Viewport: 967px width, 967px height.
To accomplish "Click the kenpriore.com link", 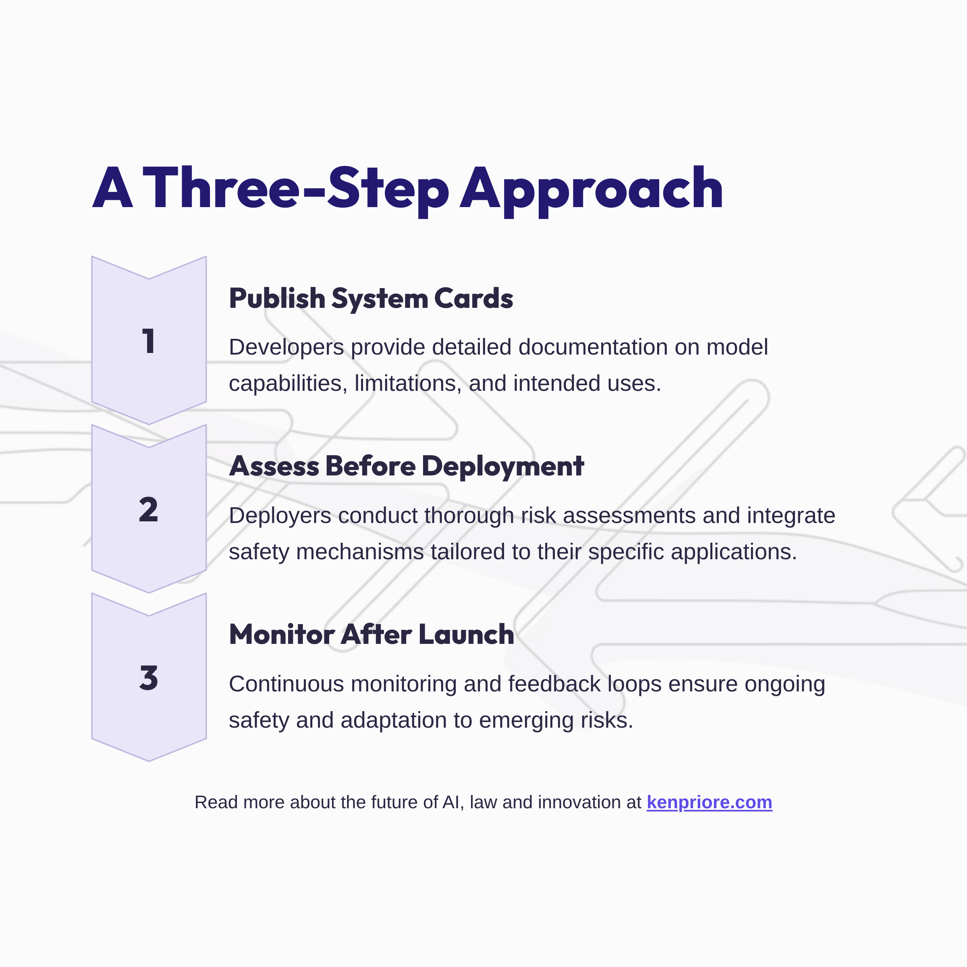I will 709,802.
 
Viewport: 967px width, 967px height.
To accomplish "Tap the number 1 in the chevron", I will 149,341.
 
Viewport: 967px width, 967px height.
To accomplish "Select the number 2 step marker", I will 149,510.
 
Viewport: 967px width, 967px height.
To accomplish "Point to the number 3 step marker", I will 149,678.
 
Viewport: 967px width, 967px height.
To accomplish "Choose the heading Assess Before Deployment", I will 407,467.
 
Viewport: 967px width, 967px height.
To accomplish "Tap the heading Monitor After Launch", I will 371,635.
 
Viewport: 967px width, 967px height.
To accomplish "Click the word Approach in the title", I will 591,189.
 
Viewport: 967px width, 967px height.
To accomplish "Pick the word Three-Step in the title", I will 296,189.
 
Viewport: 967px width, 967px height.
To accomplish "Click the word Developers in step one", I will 286,347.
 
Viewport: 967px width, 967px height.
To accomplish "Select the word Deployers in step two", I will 280,516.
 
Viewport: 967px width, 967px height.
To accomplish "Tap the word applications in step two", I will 733,552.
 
